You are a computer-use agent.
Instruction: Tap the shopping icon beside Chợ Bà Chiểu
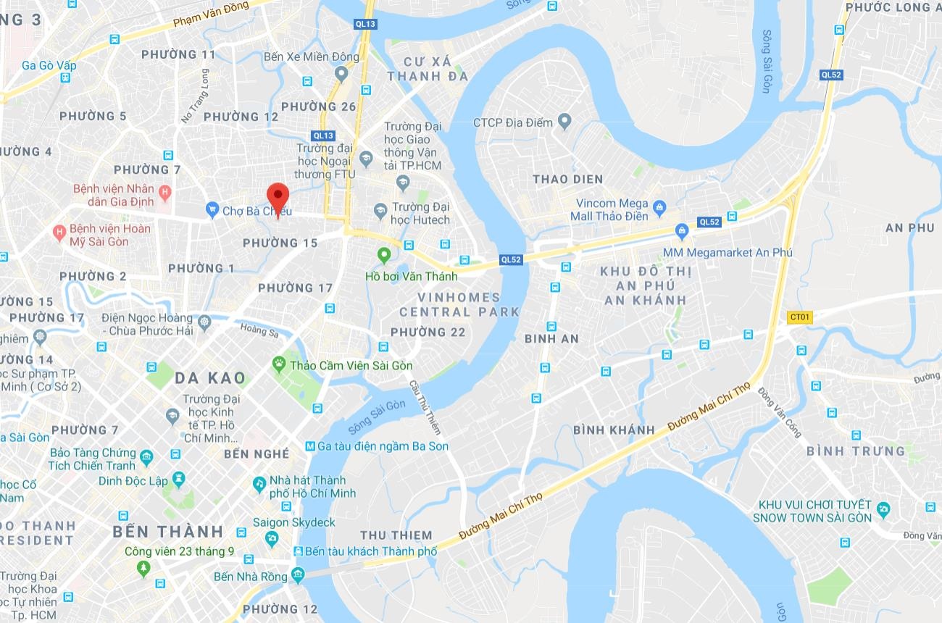[212, 210]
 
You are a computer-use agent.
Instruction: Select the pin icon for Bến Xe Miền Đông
[342, 72]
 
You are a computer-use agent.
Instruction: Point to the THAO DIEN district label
[567, 179]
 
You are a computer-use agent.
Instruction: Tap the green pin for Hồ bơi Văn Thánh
[384, 255]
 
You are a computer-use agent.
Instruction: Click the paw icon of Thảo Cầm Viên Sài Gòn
[279, 364]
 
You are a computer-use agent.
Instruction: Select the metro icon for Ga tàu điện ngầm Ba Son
[310, 446]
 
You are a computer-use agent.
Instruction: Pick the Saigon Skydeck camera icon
[272, 539]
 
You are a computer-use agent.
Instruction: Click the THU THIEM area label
[396, 535]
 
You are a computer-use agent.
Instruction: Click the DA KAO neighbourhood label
[210, 377]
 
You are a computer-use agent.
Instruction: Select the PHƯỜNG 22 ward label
[428, 332]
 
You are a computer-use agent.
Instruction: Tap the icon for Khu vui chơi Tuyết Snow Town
[883, 510]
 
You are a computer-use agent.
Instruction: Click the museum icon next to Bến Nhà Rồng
[298, 576]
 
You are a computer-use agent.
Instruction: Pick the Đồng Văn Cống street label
[780, 412]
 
